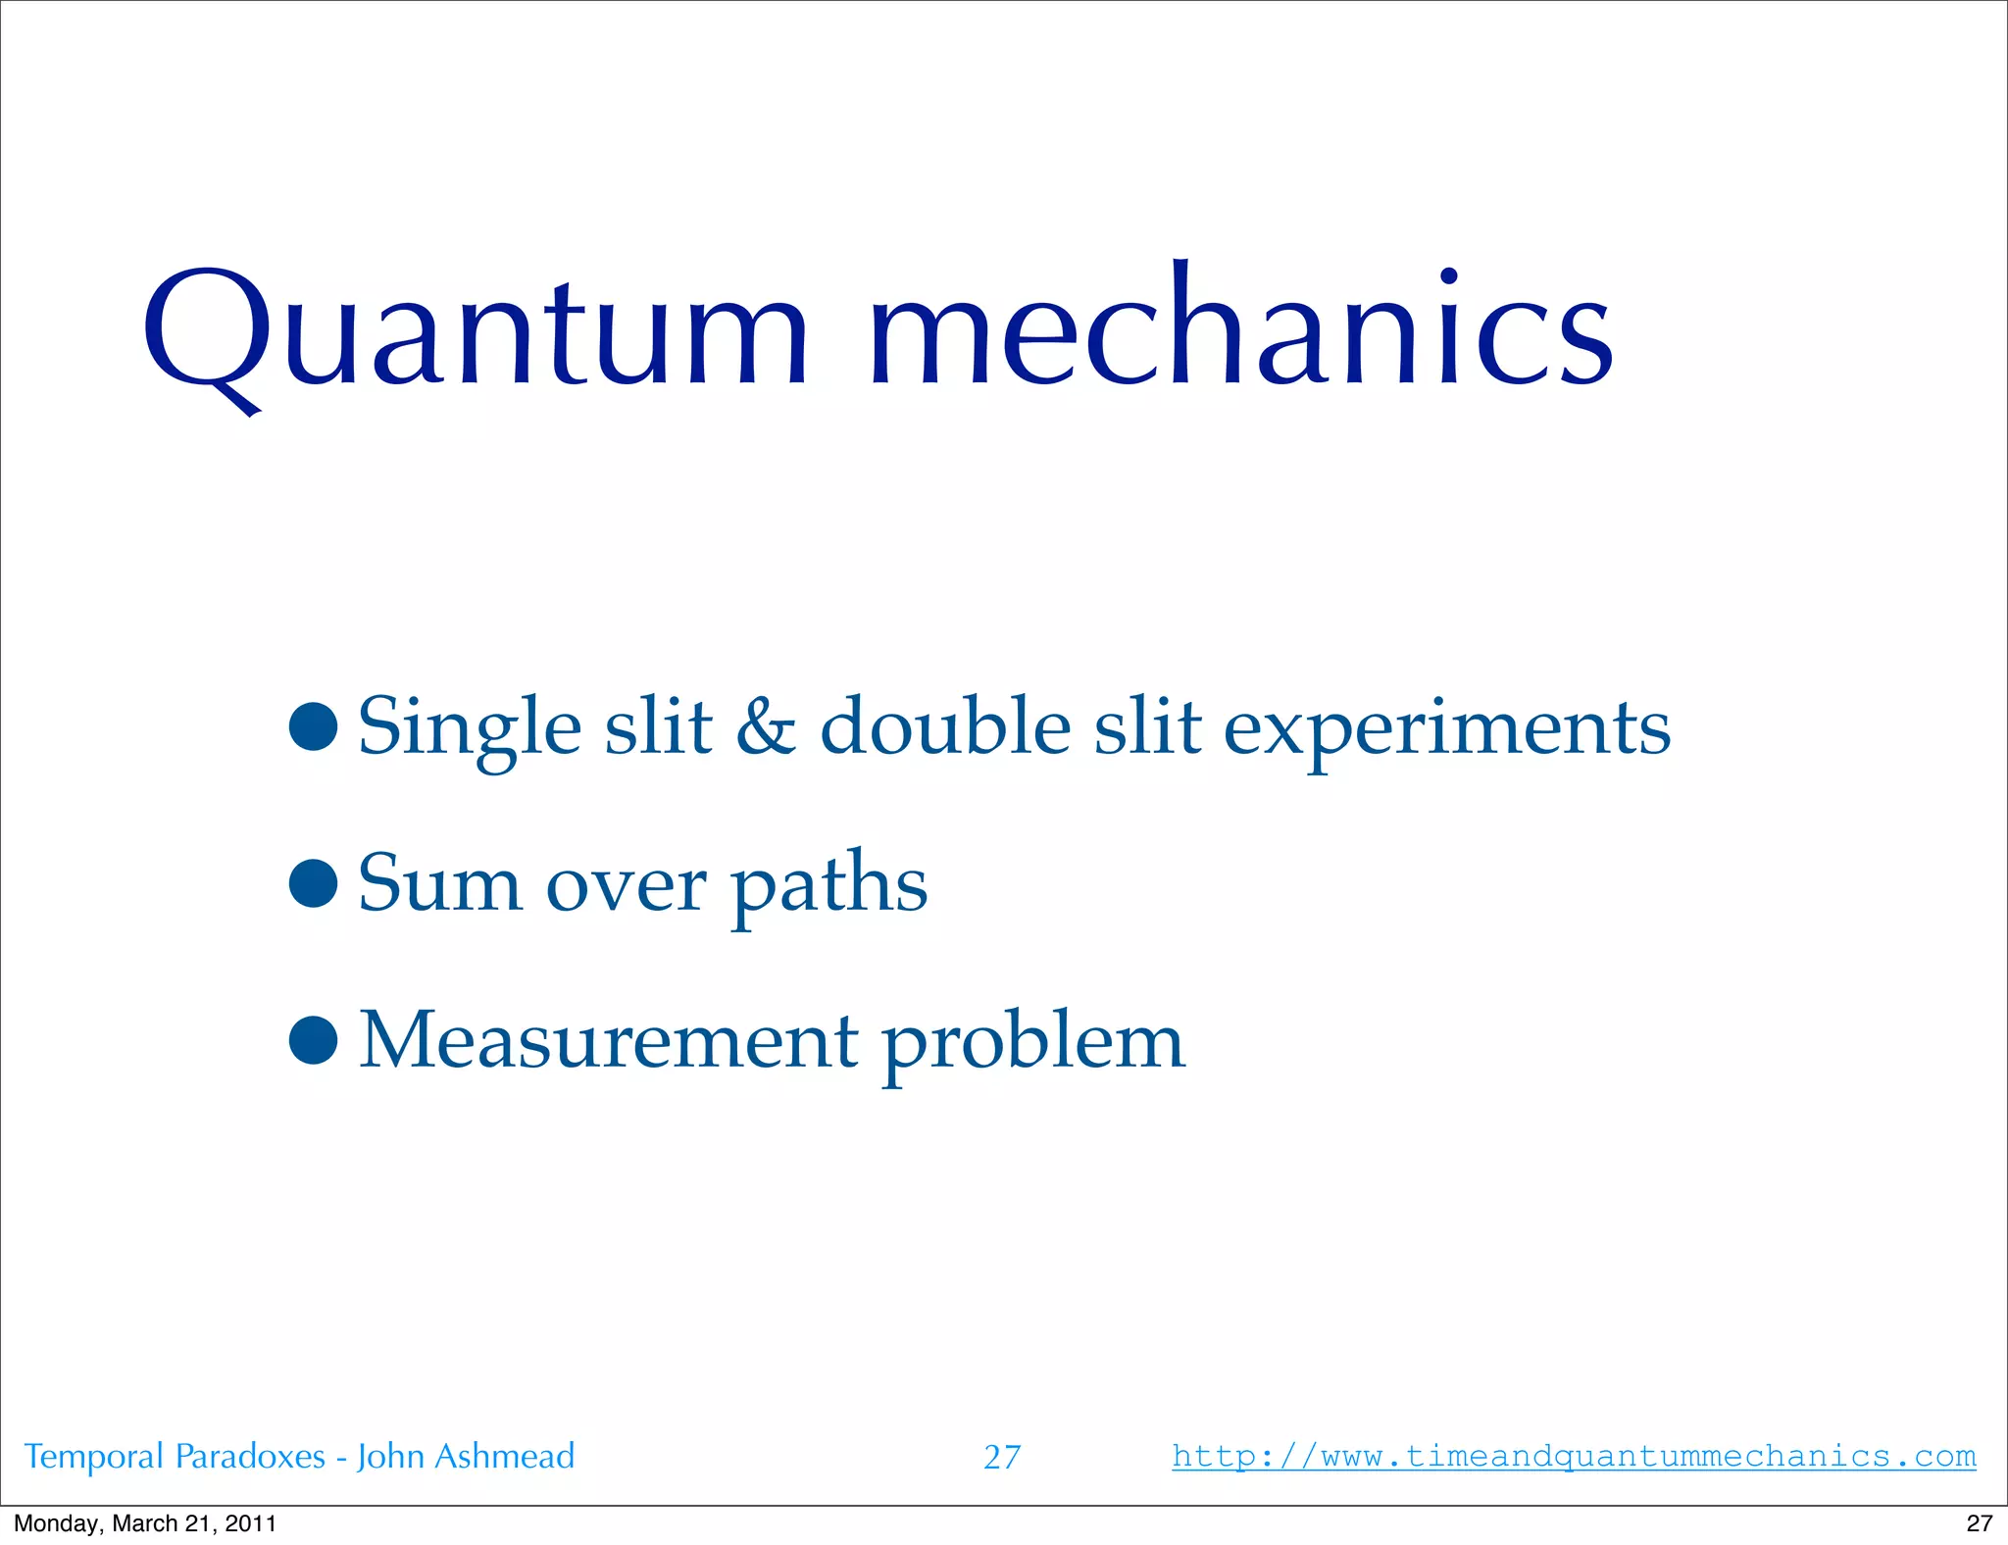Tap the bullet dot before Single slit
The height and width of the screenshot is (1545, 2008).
[314, 726]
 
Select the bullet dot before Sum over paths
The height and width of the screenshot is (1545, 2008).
[314, 883]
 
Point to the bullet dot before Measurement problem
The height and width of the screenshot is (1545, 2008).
[314, 1040]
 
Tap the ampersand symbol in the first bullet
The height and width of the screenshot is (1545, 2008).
[766, 727]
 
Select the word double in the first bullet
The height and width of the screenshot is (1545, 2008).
[945, 727]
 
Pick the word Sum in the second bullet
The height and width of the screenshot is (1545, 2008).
[439, 884]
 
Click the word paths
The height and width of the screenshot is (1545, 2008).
[829, 886]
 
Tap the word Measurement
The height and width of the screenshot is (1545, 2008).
[609, 1041]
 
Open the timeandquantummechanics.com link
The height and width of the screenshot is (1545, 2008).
[1574, 1456]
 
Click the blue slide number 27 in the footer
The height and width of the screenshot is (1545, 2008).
[1002, 1458]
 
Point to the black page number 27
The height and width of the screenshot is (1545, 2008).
[1979, 1523]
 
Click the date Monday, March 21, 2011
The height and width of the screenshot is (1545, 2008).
[145, 1523]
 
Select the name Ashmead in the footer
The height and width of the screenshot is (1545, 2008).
[504, 1457]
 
